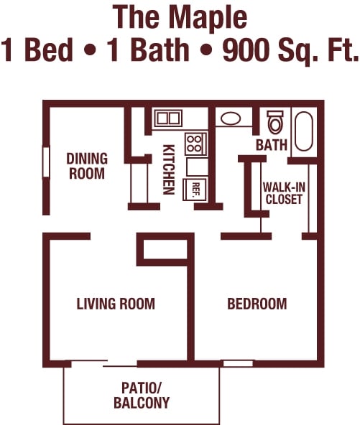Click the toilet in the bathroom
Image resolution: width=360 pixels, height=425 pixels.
point(274,122)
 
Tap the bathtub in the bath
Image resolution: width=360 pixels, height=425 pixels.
point(303,131)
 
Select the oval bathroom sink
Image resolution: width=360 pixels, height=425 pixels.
point(231,118)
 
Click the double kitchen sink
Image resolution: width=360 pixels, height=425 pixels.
point(168,118)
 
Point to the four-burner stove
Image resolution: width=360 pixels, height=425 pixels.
point(196,144)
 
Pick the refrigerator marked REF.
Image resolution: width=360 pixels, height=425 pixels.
point(195,190)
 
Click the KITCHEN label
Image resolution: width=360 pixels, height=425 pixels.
point(168,169)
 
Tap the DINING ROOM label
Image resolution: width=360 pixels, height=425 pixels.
point(87,166)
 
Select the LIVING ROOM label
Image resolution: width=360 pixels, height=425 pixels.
point(116,304)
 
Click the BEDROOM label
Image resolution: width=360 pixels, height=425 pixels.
point(257,304)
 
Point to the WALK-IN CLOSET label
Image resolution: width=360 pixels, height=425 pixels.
point(284,193)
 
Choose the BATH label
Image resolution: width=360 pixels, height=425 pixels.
point(272,145)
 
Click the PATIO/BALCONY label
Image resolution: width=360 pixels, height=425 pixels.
point(142,396)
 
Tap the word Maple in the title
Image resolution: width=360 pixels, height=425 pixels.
point(208,17)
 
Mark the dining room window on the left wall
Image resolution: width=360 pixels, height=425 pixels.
point(46,162)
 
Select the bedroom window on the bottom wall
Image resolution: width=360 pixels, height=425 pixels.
point(238,363)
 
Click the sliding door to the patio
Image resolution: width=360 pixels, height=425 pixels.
point(103,363)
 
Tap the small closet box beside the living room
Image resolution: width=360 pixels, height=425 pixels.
point(165,249)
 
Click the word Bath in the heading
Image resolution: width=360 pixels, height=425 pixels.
point(160,50)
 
